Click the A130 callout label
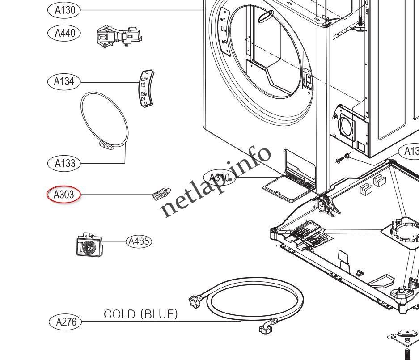pyautogui.click(x=64, y=10)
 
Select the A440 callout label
pyautogui.click(x=64, y=33)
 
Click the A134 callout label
pyautogui.click(x=64, y=81)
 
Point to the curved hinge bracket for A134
pyautogui.click(x=145, y=89)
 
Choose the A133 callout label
pyautogui.click(x=64, y=163)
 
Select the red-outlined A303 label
pyautogui.click(x=64, y=195)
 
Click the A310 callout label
pyautogui.click(x=218, y=178)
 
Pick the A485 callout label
pyautogui.click(x=139, y=241)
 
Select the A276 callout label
pyautogui.click(x=65, y=322)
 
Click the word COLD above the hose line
pyautogui.click(x=120, y=314)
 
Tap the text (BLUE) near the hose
pyautogui.click(x=159, y=314)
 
